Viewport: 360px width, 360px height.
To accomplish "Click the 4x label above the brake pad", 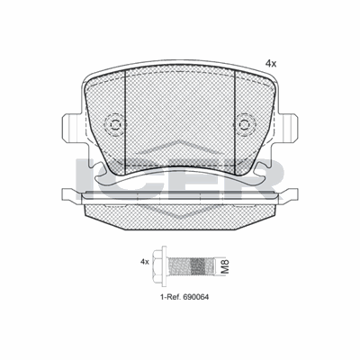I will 270,63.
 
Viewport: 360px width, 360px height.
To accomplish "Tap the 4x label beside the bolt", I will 143,262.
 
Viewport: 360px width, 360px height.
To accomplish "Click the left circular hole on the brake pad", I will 114,126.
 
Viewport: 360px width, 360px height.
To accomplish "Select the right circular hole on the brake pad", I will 245,126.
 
